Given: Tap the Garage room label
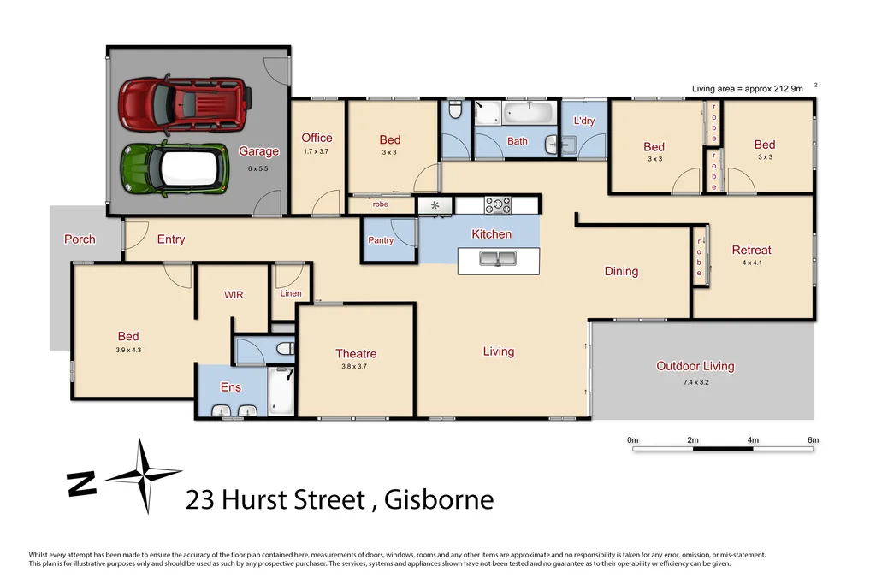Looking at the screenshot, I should click(258, 151).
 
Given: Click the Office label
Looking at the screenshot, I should click(317, 138).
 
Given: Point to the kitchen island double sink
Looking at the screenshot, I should click(500, 258).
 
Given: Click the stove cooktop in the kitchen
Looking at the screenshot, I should click(498, 205).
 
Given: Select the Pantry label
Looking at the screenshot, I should click(381, 240).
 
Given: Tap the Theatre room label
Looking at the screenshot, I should click(356, 353).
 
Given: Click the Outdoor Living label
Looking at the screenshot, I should click(695, 366).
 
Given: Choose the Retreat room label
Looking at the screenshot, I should click(751, 250).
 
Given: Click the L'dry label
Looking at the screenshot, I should click(583, 121).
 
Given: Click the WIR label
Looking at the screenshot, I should click(234, 295).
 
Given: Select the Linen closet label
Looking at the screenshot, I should click(291, 293).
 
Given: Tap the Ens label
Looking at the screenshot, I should click(231, 387).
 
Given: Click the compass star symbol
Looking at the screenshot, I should click(143, 475).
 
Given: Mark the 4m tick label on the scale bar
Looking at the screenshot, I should click(753, 440).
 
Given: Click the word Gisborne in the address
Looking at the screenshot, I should click(439, 499).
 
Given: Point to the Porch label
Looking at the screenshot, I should click(80, 239).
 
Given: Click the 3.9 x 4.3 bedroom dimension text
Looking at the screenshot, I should click(128, 350).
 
